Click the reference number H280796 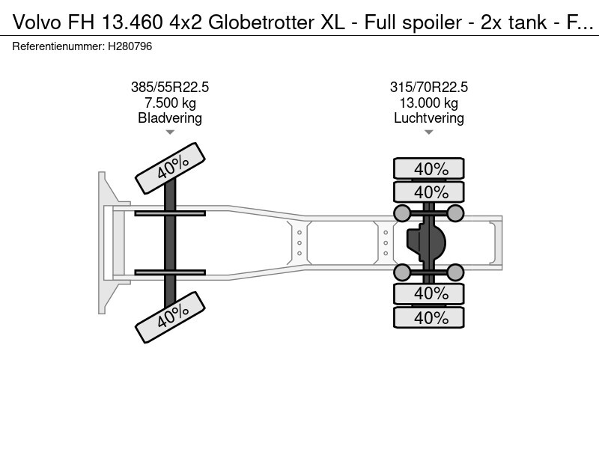[x=130, y=46]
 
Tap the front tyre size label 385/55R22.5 [x=170, y=87]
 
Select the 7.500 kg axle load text [x=170, y=103]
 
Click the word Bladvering [x=170, y=118]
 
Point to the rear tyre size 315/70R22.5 [x=428, y=87]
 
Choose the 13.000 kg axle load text [x=428, y=103]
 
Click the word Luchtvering [x=428, y=118]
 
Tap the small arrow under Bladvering [x=170, y=132]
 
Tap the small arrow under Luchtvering [x=428, y=132]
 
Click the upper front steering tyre [x=171, y=168]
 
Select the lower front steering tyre [x=171, y=317]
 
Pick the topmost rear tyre [x=428, y=168]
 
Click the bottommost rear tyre [x=428, y=317]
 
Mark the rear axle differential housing [x=426, y=242]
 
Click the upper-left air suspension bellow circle [x=401, y=213]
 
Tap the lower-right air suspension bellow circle [x=455, y=272]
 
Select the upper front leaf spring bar [x=170, y=213]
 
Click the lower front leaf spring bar [x=170, y=272]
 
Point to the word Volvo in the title [x=37, y=22]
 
